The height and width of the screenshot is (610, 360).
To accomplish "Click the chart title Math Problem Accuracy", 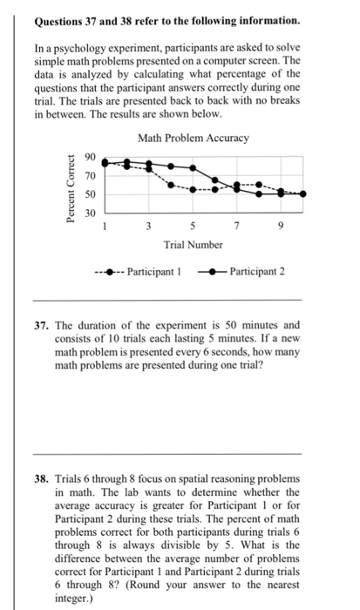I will (194, 139).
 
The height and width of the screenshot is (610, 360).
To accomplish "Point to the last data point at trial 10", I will (302, 194).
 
